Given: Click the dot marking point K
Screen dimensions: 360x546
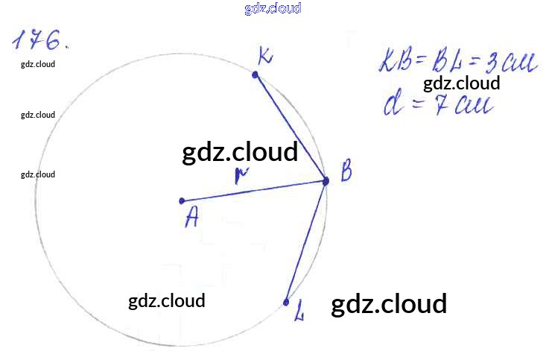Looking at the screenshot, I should pos(255,75).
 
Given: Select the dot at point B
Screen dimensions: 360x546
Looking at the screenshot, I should pos(326,180).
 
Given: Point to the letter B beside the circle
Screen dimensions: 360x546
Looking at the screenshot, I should pos(346,173).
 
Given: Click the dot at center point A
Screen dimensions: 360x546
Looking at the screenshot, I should pos(182,201).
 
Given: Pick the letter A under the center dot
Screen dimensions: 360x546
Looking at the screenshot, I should pos(192,218).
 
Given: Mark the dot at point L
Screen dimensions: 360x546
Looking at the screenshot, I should pos(286,302).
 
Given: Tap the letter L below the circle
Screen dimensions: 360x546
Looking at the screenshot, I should pos(299,315).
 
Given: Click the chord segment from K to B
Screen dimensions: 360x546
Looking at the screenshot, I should pos(291,127).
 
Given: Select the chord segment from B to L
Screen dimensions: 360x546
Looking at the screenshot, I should pos(306,241).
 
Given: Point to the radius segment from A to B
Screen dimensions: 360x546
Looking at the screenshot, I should pos(253,191).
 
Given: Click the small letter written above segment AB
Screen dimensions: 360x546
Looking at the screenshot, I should pos(240,176).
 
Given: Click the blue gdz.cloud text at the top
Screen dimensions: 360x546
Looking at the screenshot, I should pos(273,9).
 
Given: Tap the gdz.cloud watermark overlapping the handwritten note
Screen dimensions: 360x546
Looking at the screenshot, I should pos(461,83).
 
